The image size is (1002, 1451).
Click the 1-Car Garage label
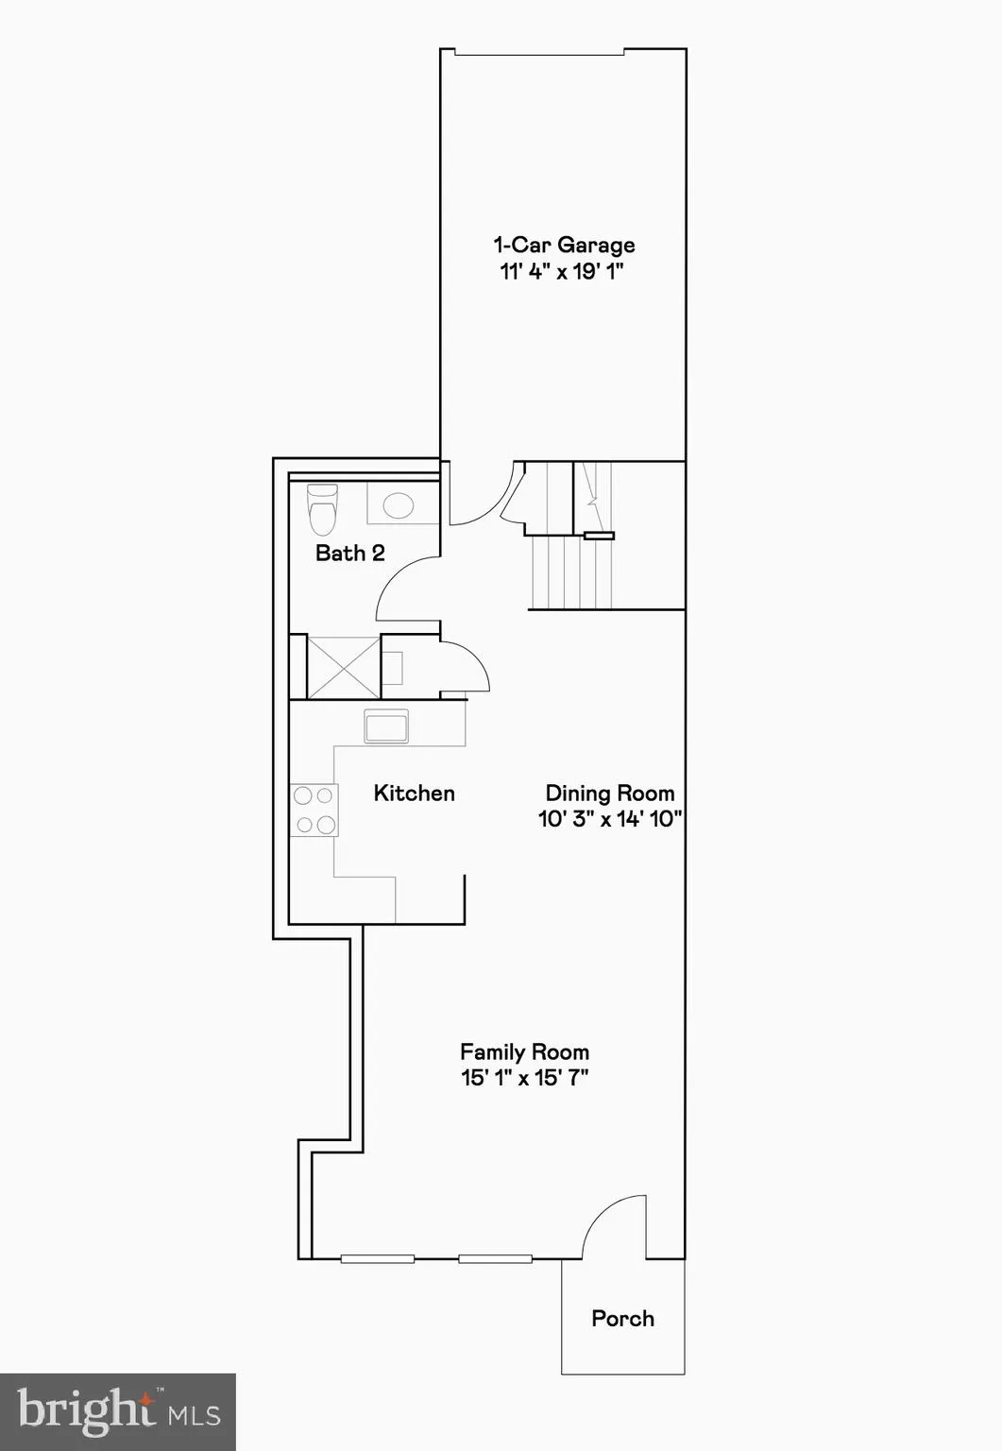pyautogui.click(x=564, y=246)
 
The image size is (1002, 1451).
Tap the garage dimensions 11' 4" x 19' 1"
pyautogui.click(x=562, y=272)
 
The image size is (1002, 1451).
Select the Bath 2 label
pyautogui.click(x=349, y=553)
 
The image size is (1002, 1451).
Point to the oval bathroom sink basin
pyautogui.click(x=399, y=504)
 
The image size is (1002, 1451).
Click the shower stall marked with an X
pyautogui.click(x=343, y=667)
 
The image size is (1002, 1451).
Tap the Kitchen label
pyautogui.click(x=414, y=794)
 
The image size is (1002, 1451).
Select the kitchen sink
pyautogui.click(x=386, y=726)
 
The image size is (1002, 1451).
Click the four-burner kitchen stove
pyautogui.click(x=314, y=811)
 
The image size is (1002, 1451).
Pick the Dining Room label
pyautogui.click(x=610, y=794)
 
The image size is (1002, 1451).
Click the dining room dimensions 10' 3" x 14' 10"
pyautogui.click(x=610, y=819)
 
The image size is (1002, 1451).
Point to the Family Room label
pyautogui.click(x=524, y=1052)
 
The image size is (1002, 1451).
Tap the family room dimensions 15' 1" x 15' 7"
pyautogui.click(x=524, y=1078)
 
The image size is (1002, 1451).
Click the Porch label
pyautogui.click(x=622, y=1319)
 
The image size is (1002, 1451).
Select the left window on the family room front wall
pyautogui.click(x=377, y=1258)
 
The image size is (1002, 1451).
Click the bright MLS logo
pyautogui.click(x=118, y=1411)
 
